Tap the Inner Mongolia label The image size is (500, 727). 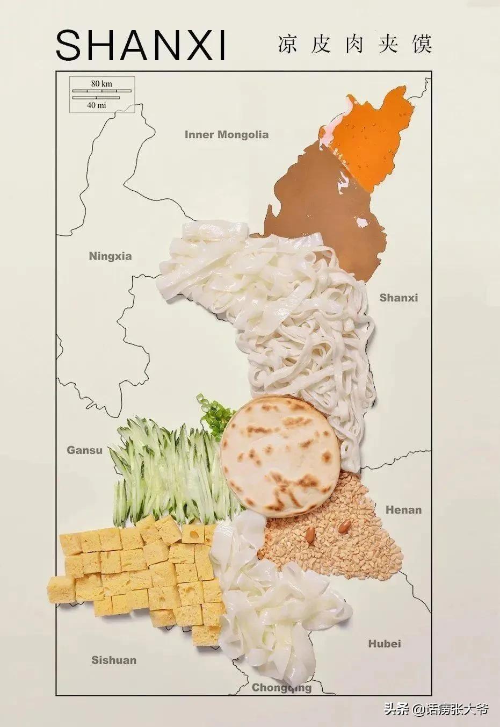[226, 134]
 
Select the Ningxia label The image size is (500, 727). [110, 256]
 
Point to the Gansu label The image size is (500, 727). [84, 450]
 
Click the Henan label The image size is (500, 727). [403, 509]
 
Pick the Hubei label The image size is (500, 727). [385, 643]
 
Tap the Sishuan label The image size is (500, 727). [113, 660]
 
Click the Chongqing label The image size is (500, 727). [281, 688]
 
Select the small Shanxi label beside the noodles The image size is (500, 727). [398, 298]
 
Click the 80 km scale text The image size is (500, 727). [102, 83]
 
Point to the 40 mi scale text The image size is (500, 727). [97, 105]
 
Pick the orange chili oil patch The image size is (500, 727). [376, 134]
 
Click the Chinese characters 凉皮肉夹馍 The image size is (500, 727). [354, 44]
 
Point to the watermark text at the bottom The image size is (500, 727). [436, 709]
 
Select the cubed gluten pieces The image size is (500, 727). [140, 570]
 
